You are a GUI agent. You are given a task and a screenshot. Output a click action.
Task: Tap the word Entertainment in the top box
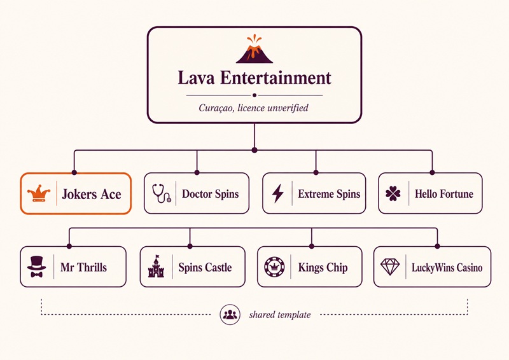pos(275,78)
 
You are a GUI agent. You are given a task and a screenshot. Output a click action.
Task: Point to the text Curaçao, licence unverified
pos(253,107)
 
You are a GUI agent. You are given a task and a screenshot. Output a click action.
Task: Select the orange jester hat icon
pos(39,193)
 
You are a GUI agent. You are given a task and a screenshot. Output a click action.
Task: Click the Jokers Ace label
pos(92,194)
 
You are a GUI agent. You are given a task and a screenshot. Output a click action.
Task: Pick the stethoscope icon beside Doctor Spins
pos(162,193)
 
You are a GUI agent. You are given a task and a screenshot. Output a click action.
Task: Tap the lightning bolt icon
pos(278,193)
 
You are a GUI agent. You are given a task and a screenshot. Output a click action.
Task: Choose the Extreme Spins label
pos(329,194)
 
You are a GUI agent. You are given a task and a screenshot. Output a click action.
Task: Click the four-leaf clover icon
pos(393,193)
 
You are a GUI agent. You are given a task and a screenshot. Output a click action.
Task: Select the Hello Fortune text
pos(444,194)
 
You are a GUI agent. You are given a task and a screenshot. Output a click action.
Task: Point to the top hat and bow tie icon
pos(36,267)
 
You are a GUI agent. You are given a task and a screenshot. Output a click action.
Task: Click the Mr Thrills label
pos(83,268)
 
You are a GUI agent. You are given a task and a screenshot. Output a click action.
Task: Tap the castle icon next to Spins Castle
pos(156,267)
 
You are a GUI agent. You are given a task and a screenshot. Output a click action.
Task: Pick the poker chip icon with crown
pos(274,267)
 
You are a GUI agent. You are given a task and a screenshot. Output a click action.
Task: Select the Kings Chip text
pos(323,268)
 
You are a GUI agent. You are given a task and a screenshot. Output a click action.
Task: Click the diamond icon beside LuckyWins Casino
pos(390,267)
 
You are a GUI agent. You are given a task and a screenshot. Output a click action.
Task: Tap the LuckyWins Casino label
pos(447,268)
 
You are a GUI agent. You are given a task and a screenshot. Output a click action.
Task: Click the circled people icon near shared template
pos(230,315)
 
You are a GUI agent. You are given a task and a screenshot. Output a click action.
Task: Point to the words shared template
pos(280,315)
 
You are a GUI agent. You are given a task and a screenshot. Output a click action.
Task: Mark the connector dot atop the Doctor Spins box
pos(197,172)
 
